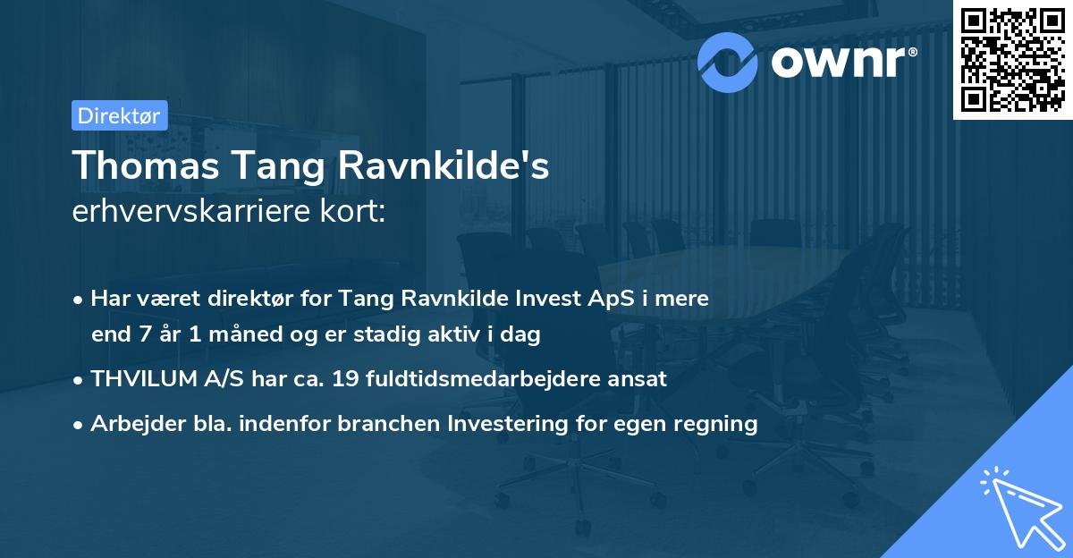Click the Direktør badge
(x=119, y=115)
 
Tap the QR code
(x=1011, y=60)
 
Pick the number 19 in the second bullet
(x=345, y=379)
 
